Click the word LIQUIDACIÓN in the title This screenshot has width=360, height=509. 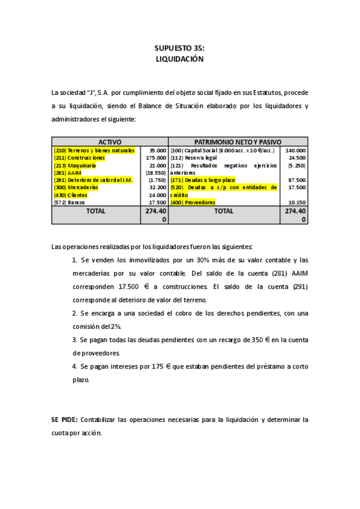tap(179, 59)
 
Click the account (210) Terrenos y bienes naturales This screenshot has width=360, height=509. tap(94, 150)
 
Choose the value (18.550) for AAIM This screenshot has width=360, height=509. tap(156, 172)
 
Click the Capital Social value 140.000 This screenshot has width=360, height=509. tap(296, 150)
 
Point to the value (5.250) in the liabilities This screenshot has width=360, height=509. tap(296, 165)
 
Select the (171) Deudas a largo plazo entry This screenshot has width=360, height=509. tap(203, 179)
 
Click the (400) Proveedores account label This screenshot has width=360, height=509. tap(193, 202)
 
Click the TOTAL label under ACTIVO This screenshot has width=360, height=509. tap(95, 211)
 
